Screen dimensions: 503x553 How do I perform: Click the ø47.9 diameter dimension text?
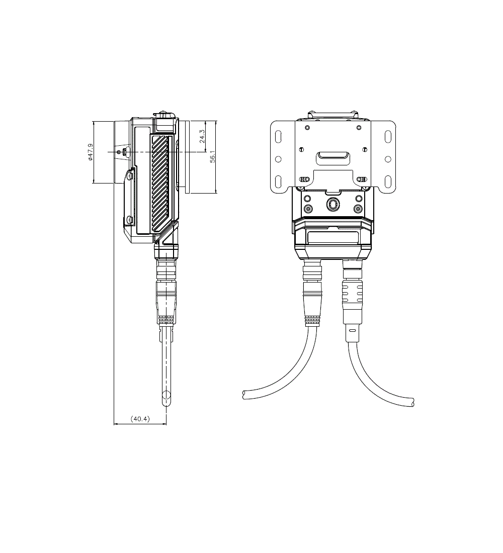91,152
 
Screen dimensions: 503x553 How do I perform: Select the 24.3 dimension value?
202,136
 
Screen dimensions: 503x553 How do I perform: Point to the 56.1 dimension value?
213,156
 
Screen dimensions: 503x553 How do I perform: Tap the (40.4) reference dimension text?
140,419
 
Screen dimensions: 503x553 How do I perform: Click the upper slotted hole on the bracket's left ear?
278,136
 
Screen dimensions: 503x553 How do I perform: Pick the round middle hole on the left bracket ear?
278,159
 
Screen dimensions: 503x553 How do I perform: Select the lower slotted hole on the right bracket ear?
388,181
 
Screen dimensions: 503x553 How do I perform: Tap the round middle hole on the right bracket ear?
388,159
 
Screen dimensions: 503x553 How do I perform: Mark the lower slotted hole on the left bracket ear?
278,181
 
